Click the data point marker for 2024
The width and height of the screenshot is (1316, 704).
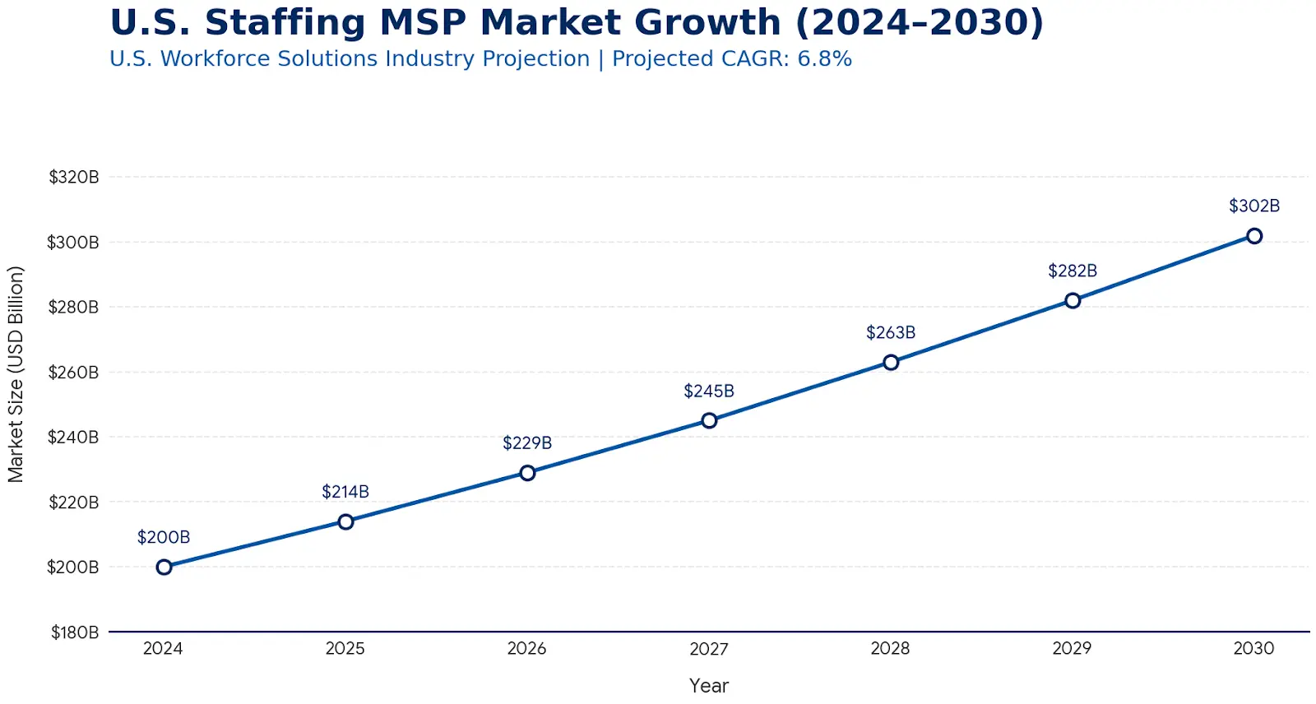(164, 567)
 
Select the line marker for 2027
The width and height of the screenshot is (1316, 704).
(709, 420)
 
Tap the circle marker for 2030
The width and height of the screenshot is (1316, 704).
(1254, 236)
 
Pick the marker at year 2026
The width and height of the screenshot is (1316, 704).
(527, 473)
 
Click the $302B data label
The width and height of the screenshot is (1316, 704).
(1254, 206)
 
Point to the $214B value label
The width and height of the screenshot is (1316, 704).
(345, 492)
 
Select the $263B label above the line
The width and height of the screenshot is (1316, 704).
(891, 332)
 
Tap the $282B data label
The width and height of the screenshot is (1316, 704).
(1073, 271)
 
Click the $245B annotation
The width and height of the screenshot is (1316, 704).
(709, 391)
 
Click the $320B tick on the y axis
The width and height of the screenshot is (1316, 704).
(74, 177)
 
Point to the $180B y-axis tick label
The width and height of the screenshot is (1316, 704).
(75, 632)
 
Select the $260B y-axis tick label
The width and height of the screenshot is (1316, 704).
(73, 373)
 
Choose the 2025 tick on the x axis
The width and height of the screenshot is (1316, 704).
(345, 648)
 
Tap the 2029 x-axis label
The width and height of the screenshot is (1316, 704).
(1073, 648)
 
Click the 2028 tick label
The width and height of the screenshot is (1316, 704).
(891, 648)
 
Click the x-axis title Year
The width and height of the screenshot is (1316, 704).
(709, 685)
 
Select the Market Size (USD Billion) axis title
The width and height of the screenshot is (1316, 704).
(16, 374)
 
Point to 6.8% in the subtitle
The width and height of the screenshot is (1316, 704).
(824, 59)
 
